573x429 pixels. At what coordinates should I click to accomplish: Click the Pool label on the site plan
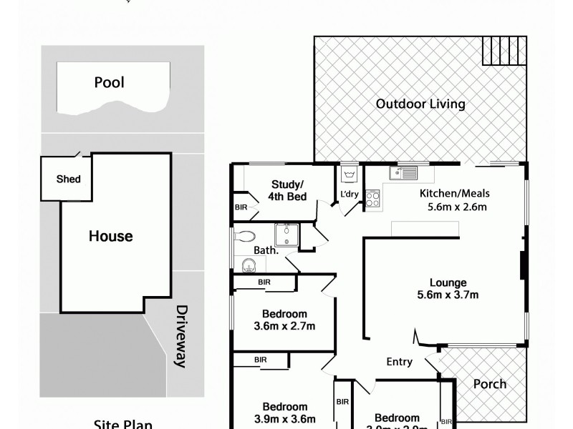[109, 82]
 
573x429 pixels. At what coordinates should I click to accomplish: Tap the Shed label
[69, 179]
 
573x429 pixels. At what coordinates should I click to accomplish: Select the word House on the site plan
[110, 236]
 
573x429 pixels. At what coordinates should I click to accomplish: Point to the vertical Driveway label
[182, 336]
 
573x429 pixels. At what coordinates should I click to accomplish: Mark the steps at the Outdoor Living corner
[504, 51]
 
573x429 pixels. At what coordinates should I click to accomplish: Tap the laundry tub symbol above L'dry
[350, 174]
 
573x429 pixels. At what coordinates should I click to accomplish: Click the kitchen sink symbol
[402, 172]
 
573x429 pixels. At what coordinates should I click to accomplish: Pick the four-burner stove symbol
[372, 198]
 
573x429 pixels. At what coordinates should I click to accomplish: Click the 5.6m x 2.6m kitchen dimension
[453, 208]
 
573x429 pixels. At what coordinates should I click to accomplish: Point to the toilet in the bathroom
[244, 235]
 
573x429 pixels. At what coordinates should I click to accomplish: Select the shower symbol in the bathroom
[288, 235]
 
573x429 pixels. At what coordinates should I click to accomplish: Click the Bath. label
[267, 250]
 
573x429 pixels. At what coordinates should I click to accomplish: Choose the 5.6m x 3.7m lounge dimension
[448, 295]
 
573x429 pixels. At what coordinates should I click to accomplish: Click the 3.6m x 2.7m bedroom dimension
[284, 326]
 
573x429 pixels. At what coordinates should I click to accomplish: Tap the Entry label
[399, 362]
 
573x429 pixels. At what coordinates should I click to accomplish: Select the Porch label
[490, 384]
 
